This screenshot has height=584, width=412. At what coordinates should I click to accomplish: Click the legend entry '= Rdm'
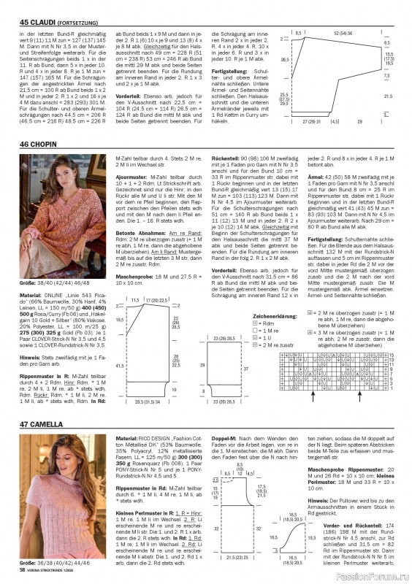264,324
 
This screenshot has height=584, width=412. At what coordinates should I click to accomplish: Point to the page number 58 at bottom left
24,573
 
